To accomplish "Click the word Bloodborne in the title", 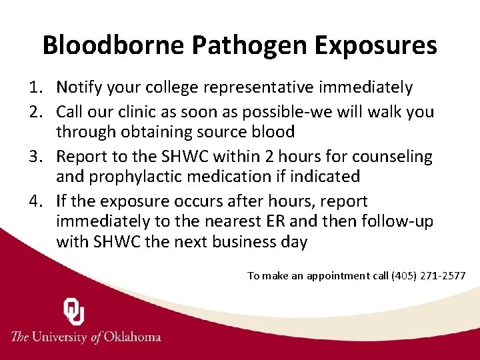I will [113, 45].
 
